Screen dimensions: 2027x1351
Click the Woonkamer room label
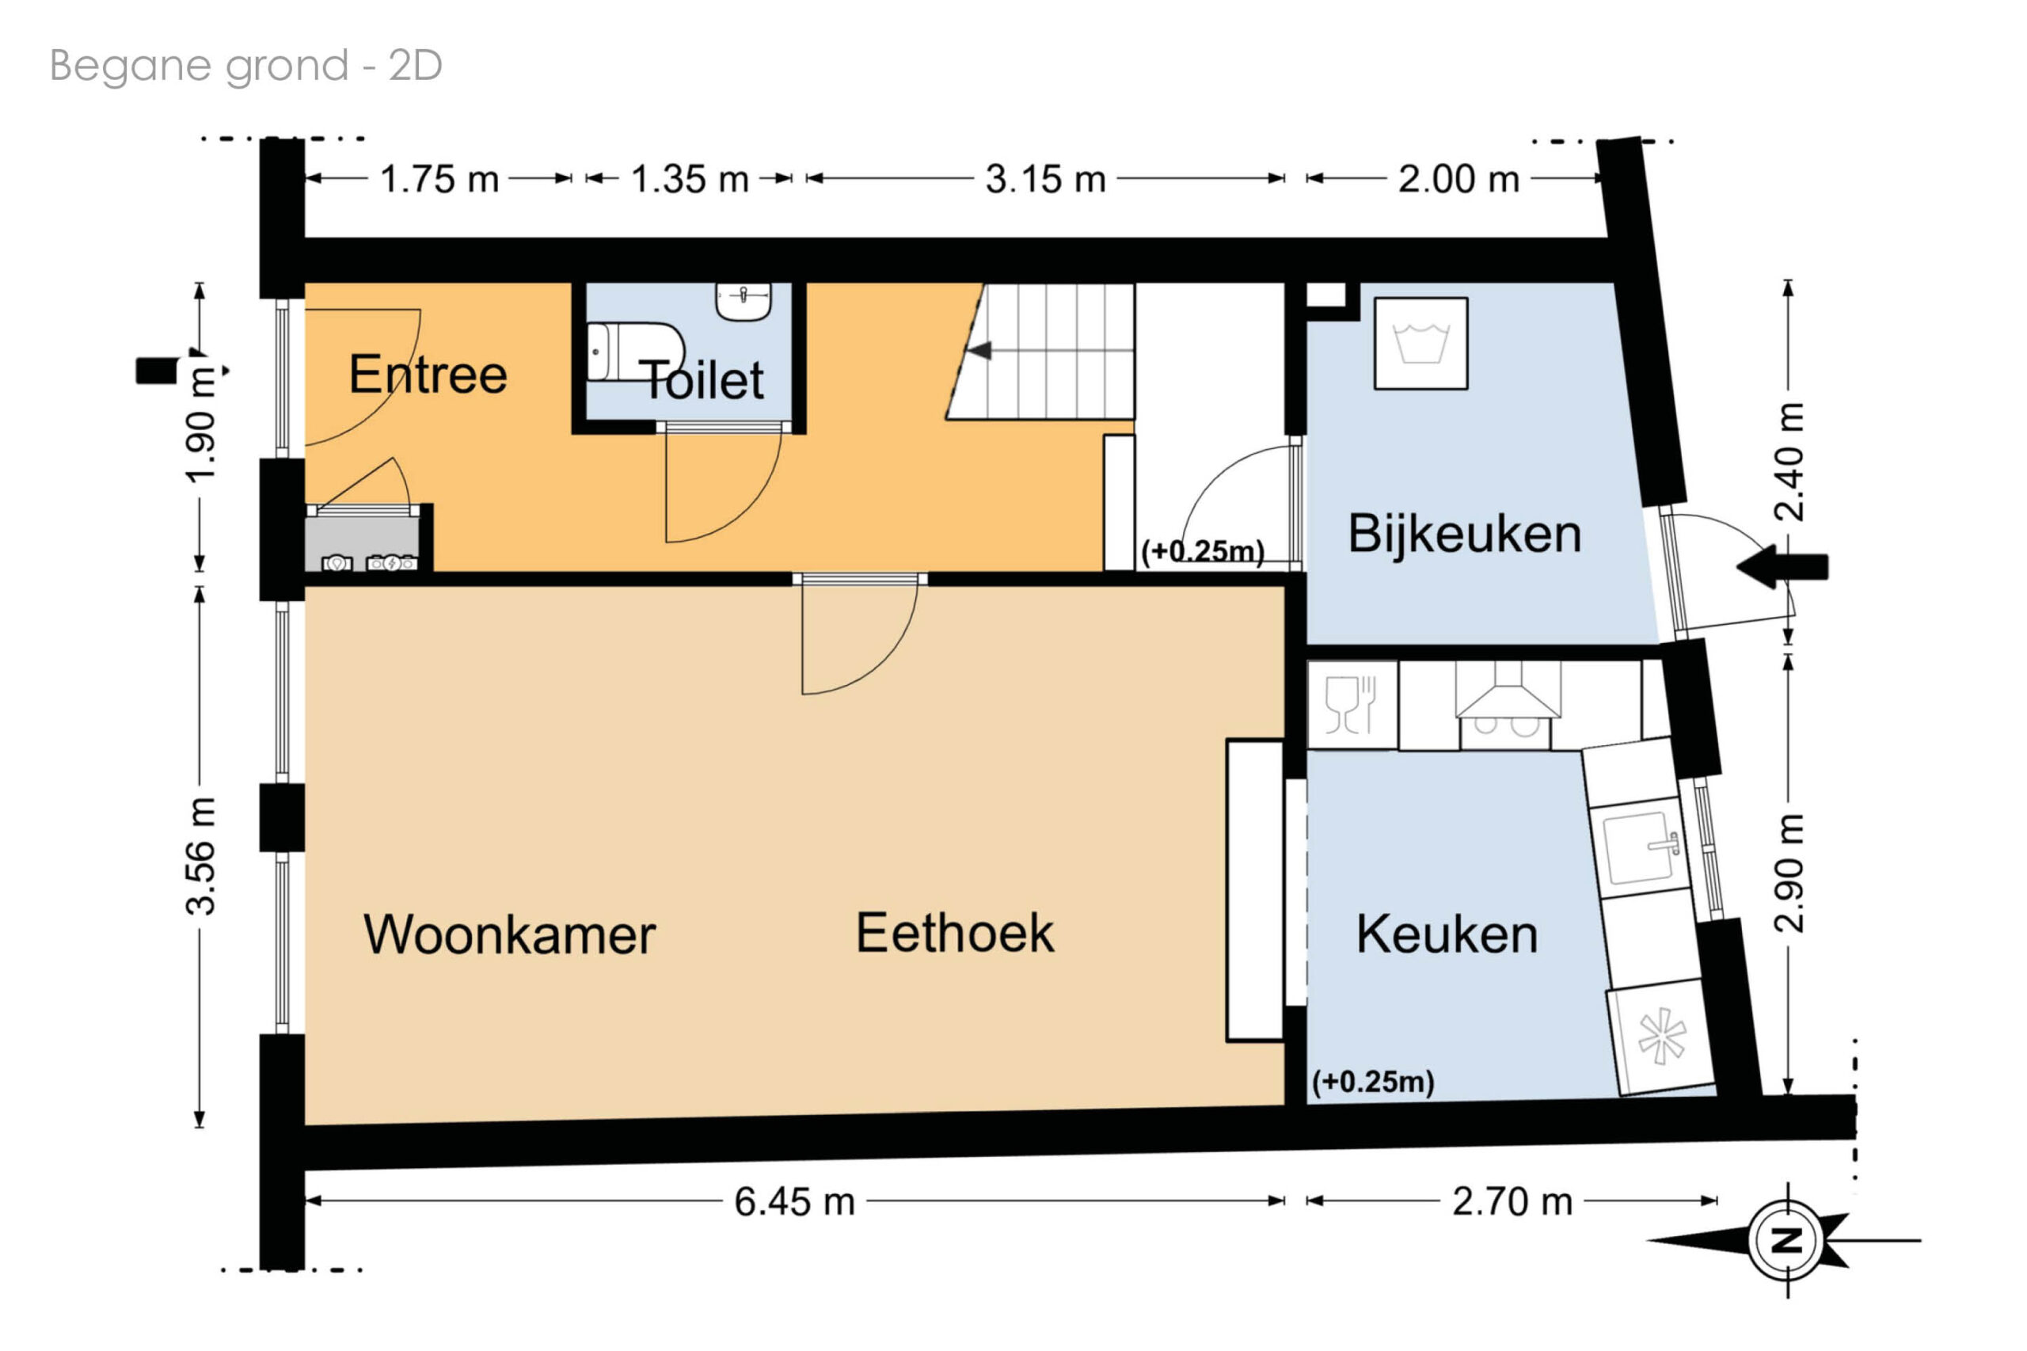(x=509, y=934)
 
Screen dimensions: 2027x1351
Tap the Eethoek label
(x=954, y=932)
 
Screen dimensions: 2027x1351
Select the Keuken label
(x=1447, y=934)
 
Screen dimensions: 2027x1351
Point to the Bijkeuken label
(x=1465, y=533)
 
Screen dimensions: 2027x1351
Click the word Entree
(x=428, y=374)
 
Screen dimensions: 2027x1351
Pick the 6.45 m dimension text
(x=794, y=1202)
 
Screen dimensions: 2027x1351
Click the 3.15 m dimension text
(x=1045, y=179)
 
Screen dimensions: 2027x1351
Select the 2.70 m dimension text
(x=1512, y=1202)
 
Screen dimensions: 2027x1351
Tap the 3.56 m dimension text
(x=200, y=855)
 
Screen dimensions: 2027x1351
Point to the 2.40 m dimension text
(x=1789, y=462)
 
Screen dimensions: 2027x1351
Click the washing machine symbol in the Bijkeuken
(x=1420, y=344)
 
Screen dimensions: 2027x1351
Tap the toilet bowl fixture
(x=635, y=352)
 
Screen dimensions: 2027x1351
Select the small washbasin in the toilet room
(x=743, y=302)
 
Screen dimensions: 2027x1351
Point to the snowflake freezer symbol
(x=1662, y=1037)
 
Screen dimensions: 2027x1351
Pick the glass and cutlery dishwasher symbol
(x=1351, y=705)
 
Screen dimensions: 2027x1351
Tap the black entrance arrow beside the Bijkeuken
(x=1782, y=566)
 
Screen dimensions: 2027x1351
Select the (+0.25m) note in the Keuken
(x=1373, y=1081)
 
